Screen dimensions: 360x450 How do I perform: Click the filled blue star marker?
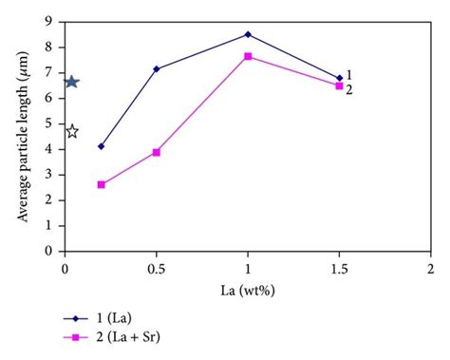[x=70, y=82]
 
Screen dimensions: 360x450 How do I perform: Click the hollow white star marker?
[x=71, y=131]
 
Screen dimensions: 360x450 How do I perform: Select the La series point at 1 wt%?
[x=248, y=34]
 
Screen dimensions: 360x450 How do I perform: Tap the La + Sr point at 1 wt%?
[x=248, y=56]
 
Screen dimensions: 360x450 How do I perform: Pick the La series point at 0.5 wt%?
[x=156, y=68]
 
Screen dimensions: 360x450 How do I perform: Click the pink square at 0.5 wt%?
[x=156, y=152]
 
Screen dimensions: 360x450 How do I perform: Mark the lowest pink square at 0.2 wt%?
[x=102, y=184]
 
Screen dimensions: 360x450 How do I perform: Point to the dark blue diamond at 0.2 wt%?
[x=102, y=146]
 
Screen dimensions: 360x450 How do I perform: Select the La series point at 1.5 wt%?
[x=339, y=78]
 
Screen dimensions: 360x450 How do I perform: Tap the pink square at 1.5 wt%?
[x=339, y=85]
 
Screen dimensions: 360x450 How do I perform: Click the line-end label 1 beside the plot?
[x=350, y=74]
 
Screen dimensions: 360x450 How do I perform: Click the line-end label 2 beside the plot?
[x=350, y=89]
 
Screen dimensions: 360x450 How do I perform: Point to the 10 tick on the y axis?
[x=49, y=6]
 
